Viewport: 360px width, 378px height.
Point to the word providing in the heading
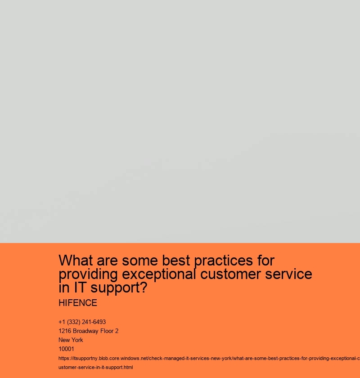coord(86,274)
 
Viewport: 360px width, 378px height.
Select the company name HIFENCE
coord(78,303)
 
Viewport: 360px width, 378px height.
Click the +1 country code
coord(62,322)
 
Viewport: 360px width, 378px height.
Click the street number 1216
coord(65,331)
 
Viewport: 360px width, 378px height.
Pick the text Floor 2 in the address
coord(110,331)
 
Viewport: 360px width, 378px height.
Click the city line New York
coord(71,340)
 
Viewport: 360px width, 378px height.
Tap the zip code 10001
coord(66,349)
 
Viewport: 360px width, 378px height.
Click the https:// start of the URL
coord(66,359)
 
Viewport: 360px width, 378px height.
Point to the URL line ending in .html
coord(96,368)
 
